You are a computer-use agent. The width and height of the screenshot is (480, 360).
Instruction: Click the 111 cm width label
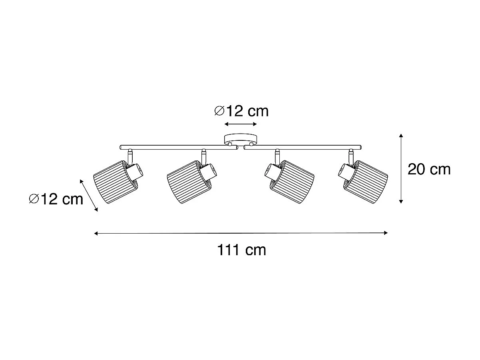241,250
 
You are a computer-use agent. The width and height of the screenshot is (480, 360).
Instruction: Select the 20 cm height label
429,169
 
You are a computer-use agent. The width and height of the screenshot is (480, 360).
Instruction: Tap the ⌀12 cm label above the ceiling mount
241,111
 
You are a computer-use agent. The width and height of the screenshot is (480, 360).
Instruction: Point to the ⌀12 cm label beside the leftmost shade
56,198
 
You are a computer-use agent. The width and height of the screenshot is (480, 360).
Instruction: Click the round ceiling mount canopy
241,140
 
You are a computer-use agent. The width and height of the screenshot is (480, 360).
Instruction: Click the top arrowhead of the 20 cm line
401,136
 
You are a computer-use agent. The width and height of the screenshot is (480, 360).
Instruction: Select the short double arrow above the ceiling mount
241,124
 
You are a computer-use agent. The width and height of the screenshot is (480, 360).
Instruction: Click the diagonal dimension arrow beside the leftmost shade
89,196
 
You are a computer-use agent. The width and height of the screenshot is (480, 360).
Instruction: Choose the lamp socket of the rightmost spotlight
346,172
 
